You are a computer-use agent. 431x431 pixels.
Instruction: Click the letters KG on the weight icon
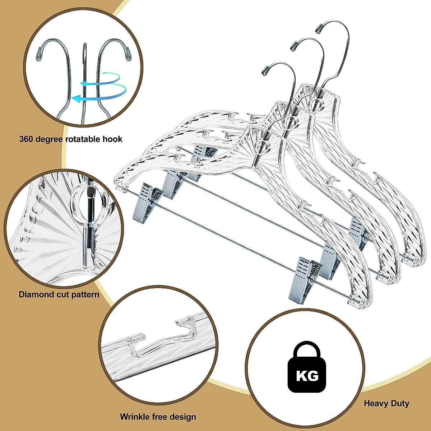pos(307,376)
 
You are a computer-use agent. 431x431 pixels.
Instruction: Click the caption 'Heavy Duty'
pos(386,403)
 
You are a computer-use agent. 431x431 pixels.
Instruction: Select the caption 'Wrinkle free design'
pos(158,417)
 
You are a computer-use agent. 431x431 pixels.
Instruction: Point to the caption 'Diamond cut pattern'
pos(59,295)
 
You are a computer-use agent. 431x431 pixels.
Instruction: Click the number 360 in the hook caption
pos(27,139)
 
